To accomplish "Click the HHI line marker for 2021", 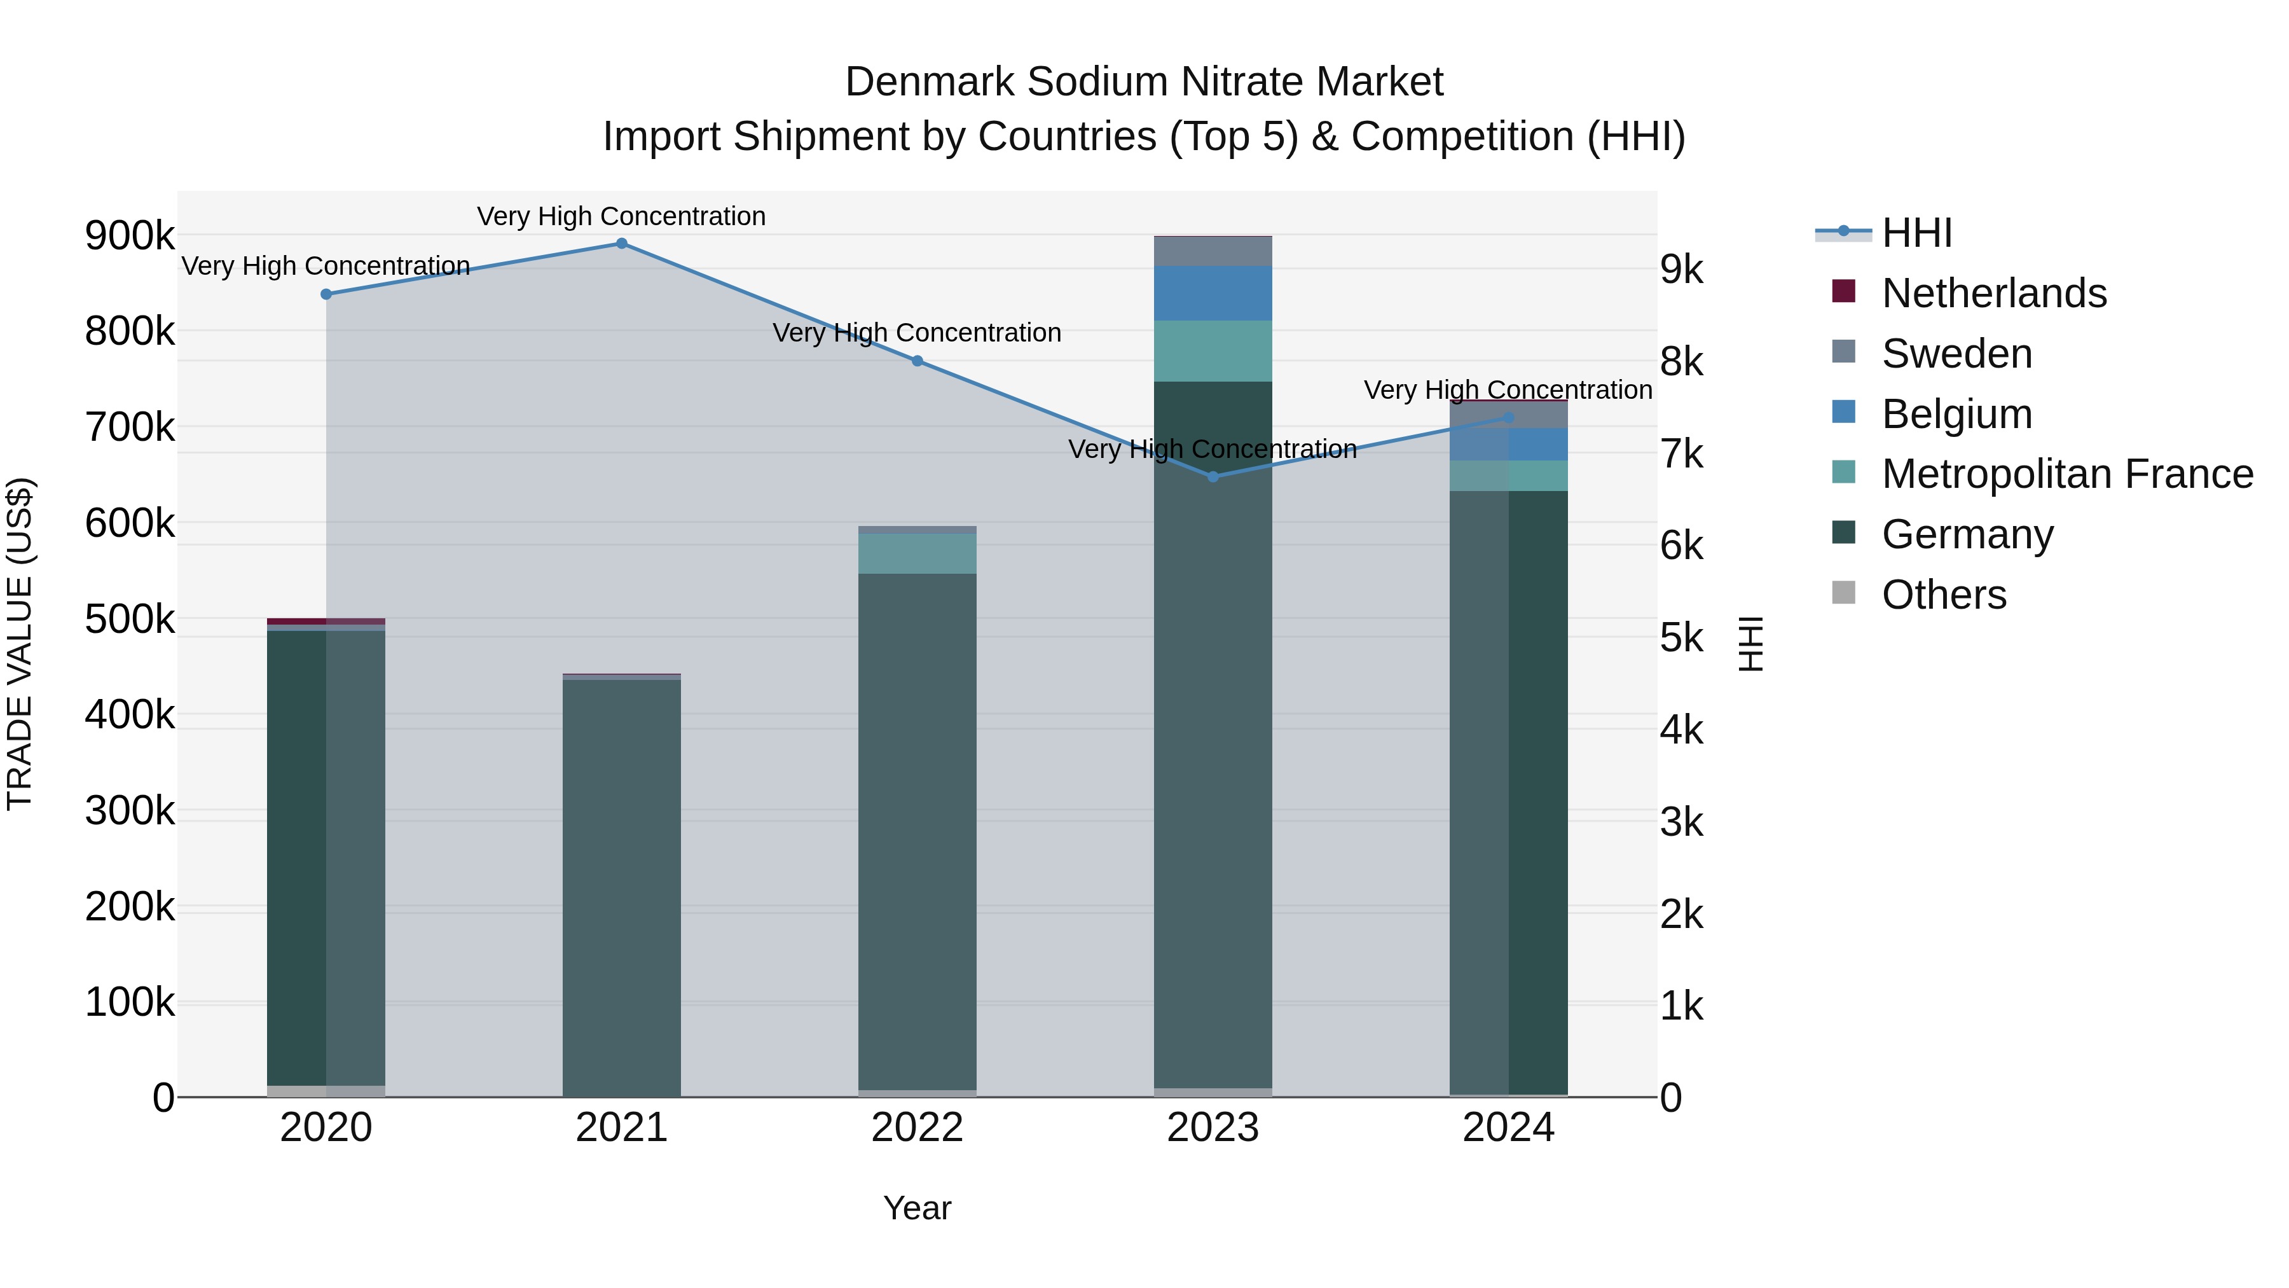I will [x=621, y=244].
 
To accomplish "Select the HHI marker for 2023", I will [x=1213, y=477].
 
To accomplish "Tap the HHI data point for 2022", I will [x=917, y=361].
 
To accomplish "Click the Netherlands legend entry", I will [x=1993, y=293].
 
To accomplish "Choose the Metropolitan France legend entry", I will [x=2067, y=474].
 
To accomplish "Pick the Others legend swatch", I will [x=1844, y=593].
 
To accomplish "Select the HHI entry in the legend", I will [x=1916, y=233].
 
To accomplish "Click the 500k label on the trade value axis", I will [x=130, y=620].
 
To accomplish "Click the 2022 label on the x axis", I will [x=917, y=1128].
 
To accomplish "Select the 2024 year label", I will [x=1508, y=1128].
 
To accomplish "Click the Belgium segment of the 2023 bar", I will [x=1213, y=293].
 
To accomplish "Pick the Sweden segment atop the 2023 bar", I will [x=1213, y=251].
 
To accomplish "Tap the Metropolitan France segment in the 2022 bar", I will [x=917, y=554].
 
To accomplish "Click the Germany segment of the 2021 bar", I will [x=621, y=889].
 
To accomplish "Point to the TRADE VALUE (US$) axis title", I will [x=20, y=644].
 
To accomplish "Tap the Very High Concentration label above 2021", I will [x=621, y=217].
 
